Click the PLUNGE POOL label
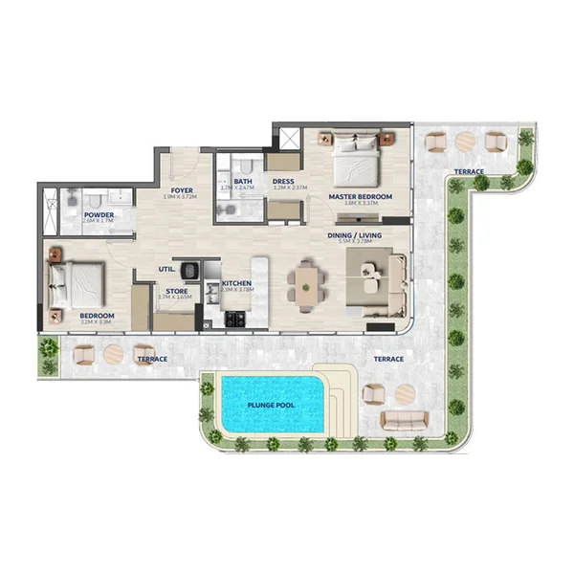coord(271,405)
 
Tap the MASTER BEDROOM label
coord(360,197)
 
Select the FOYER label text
coord(183,190)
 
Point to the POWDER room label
coord(99,215)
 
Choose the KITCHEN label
coord(236,284)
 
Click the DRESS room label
coord(282,181)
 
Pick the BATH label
coord(243,181)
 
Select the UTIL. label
coord(166,271)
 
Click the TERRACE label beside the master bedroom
coord(469,172)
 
